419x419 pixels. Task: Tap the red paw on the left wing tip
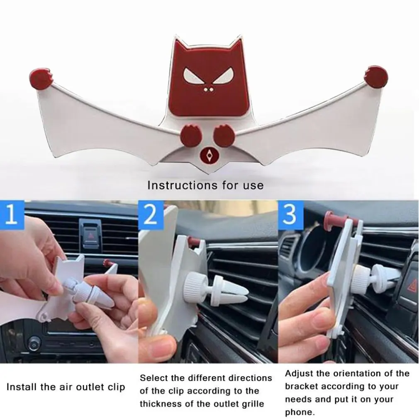[x=41, y=78]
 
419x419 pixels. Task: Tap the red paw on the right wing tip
[x=376, y=77]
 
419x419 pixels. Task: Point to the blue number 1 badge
[x=12, y=214]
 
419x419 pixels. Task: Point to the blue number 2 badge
[x=151, y=215]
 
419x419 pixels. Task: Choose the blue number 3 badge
[x=290, y=215]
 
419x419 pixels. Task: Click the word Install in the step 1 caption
[x=22, y=387]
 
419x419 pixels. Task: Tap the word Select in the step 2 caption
[x=154, y=378]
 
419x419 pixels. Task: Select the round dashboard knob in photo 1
[x=34, y=343]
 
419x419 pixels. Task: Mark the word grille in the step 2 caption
[x=250, y=404]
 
